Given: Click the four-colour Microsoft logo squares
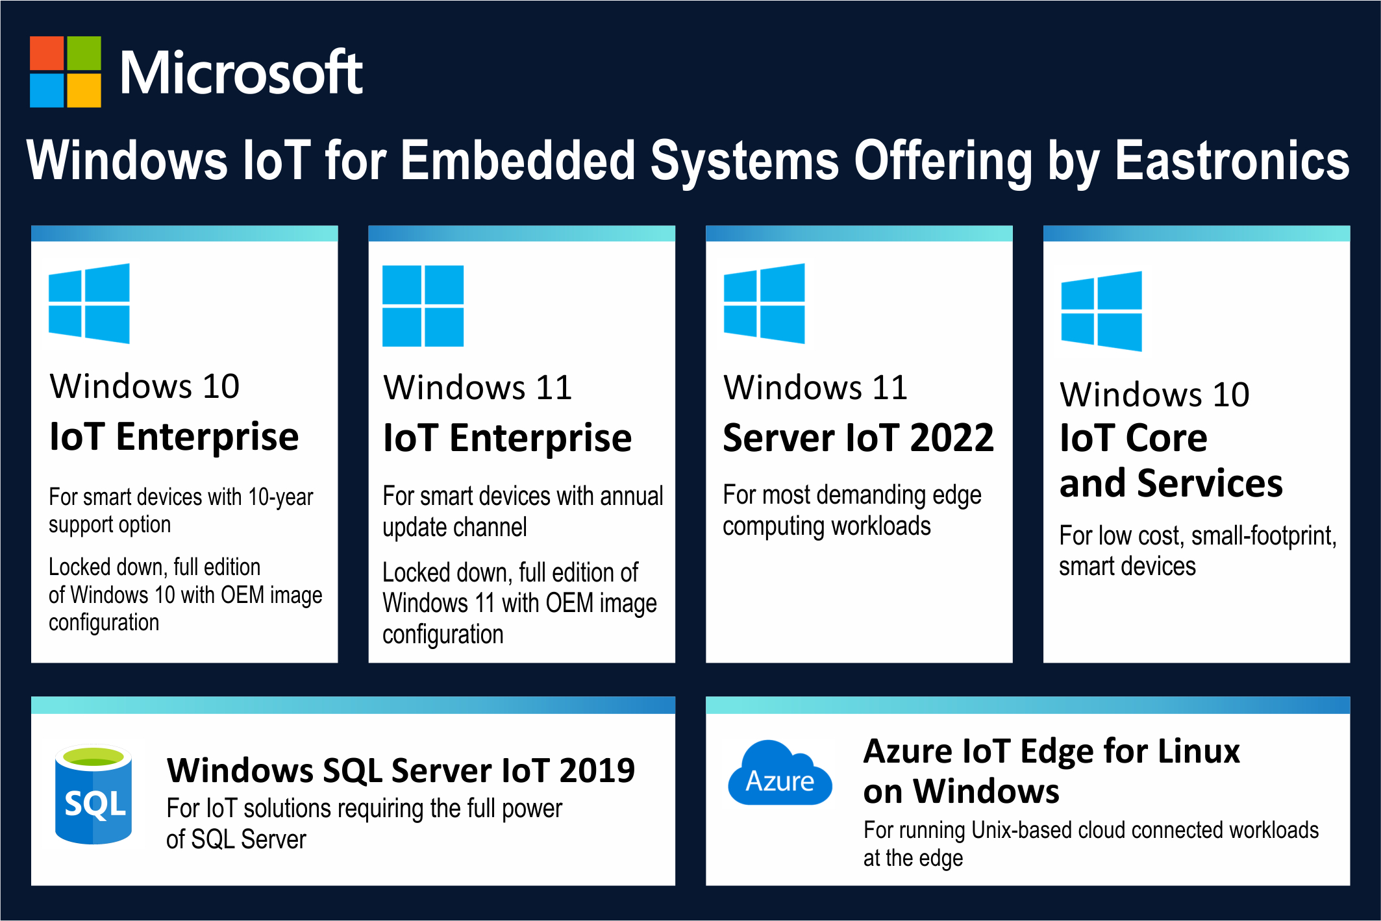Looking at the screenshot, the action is pyautogui.click(x=66, y=71).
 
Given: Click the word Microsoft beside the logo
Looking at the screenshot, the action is pyautogui.click(x=242, y=73).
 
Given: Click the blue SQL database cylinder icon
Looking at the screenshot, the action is pyautogui.click(x=93, y=794).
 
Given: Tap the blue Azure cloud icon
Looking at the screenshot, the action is pyautogui.click(x=780, y=773).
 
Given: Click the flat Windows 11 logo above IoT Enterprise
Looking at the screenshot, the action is pyautogui.click(x=423, y=306).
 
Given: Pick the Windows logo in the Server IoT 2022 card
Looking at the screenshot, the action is pyautogui.click(x=764, y=303).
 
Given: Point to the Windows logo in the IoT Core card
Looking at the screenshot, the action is pyautogui.click(x=1101, y=312).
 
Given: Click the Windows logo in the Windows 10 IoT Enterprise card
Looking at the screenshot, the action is pyautogui.click(x=89, y=303).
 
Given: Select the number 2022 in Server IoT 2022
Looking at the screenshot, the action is pyautogui.click(x=952, y=437).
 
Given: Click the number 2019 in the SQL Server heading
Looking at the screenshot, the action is pyautogui.click(x=597, y=770).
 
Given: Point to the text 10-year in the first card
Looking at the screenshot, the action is pyautogui.click(x=280, y=498).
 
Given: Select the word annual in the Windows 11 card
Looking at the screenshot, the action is pyautogui.click(x=631, y=496).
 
